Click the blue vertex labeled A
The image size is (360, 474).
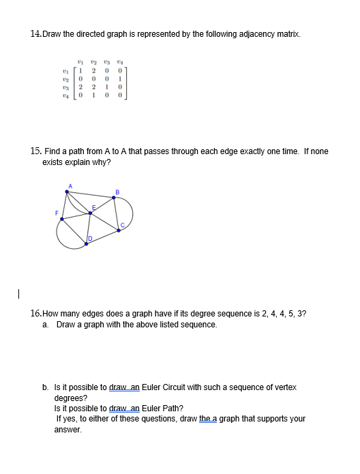click(66, 192)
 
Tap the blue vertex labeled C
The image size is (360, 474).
click(119, 230)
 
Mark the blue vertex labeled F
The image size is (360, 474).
click(61, 219)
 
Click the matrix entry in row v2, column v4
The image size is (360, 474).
click(119, 77)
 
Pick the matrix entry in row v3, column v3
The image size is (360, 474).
click(106, 86)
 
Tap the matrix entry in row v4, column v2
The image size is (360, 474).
click(93, 94)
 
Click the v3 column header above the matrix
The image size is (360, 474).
click(106, 60)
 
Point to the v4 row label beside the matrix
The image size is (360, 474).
click(65, 94)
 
